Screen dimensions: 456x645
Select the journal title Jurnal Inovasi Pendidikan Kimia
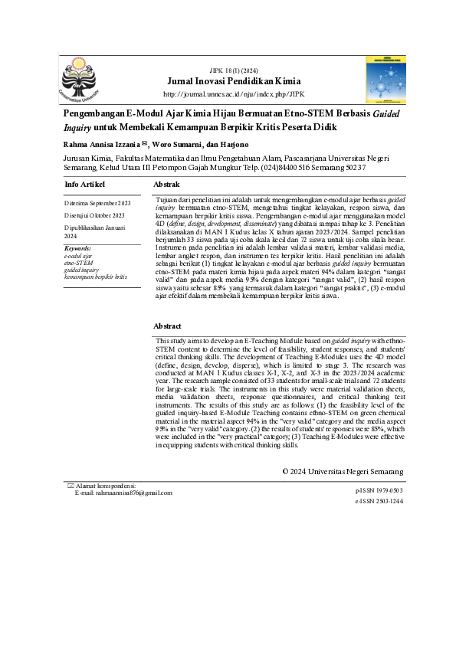(234, 80)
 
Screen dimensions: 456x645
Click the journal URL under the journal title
(234, 94)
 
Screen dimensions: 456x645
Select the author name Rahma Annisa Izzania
(100, 142)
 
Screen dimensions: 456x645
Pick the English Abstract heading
(168, 326)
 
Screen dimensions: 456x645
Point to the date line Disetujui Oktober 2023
(95, 216)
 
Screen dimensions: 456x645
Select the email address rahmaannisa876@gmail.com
(134, 493)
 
